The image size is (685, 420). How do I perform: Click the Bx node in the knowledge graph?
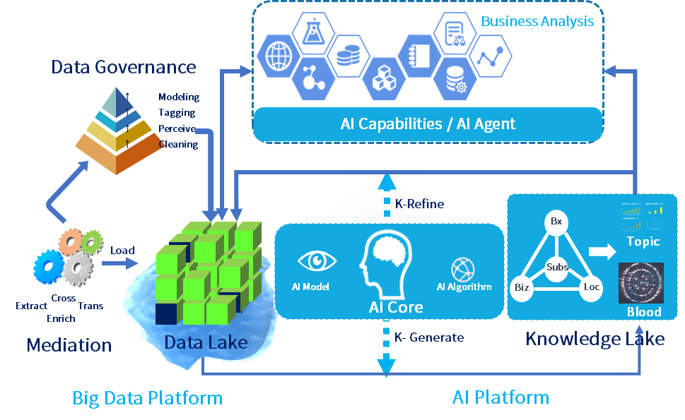pos(556,222)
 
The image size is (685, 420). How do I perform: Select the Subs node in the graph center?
pos(557,268)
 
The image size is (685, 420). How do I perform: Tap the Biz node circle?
pos(522,289)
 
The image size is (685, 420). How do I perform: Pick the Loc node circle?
pos(591,288)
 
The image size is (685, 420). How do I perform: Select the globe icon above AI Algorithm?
pos(463,269)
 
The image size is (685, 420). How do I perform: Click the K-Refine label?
pos(419,204)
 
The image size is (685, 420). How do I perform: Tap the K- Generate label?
pos(429,337)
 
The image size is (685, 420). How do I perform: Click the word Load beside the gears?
pos(122,250)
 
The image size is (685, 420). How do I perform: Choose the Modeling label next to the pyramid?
pos(179,97)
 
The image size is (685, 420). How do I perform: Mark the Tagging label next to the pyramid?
pos(177,113)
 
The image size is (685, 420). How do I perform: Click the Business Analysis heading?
pos(537,21)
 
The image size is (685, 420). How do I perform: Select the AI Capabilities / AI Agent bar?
pos(428,124)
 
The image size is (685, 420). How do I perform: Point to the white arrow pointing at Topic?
pos(603,251)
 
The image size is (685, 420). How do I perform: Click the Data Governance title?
pos(123,67)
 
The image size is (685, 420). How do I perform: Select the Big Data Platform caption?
pos(147,398)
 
